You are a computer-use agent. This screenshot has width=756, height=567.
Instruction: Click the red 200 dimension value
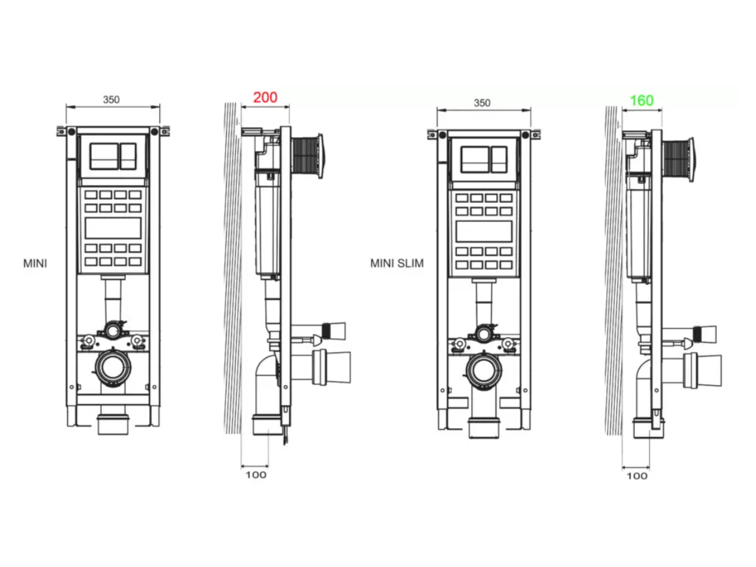[x=265, y=98]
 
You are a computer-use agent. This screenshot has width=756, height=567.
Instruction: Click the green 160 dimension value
[x=641, y=101]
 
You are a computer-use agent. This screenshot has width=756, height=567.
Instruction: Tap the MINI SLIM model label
[x=397, y=263]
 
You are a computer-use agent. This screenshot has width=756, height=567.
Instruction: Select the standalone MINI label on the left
[x=35, y=263]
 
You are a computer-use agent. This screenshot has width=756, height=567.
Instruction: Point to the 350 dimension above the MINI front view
[x=112, y=99]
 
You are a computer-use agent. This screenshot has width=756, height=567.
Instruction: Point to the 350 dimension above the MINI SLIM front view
[x=482, y=103]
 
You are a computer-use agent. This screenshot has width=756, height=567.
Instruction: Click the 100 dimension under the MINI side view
[x=256, y=475]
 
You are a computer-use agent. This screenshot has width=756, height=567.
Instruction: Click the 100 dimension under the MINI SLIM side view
[x=637, y=476]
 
